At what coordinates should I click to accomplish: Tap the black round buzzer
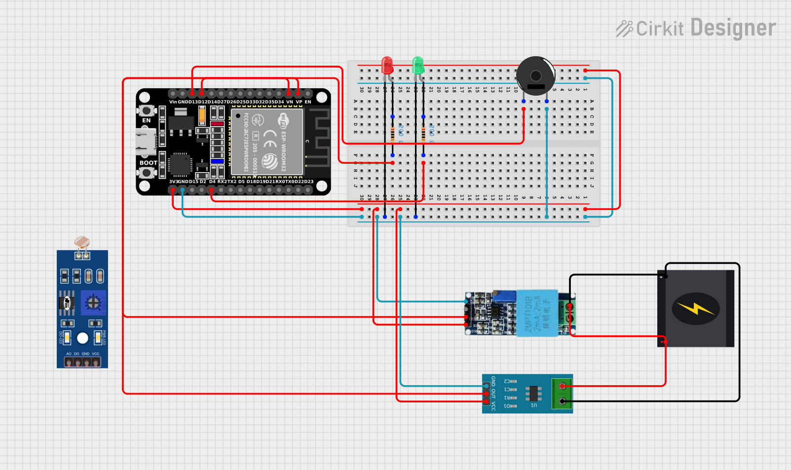[535, 75]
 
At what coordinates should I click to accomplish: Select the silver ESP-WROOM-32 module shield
[266, 142]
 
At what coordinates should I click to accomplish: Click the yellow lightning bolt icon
[696, 309]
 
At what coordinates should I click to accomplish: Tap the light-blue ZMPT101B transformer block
[537, 313]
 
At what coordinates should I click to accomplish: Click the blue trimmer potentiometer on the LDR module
[93, 303]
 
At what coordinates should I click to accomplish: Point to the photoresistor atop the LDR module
[82, 242]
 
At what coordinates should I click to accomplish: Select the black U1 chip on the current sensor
[533, 394]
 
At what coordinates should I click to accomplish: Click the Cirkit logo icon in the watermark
[624, 29]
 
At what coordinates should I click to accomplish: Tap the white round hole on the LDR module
[82, 338]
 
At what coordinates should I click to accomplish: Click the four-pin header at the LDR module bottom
[82, 362]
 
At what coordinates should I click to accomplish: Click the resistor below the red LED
[392, 134]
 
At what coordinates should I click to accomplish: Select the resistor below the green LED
[423, 134]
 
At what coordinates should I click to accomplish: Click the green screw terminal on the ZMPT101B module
[567, 313]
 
